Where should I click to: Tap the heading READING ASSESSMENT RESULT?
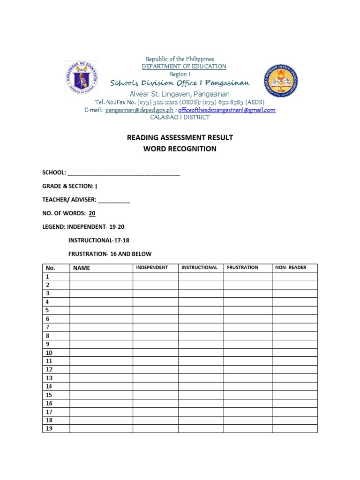pyautogui.click(x=180, y=137)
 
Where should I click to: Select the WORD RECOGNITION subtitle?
pyautogui.click(x=180, y=149)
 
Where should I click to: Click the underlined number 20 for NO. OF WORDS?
pyautogui.click(x=92, y=213)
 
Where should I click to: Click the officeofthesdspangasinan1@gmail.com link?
pyautogui.click(x=227, y=110)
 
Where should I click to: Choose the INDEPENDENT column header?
pyautogui.click(x=152, y=268)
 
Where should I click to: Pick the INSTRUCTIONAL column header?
pyautogui.click(x=199, y=268)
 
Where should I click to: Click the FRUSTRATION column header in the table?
pyautogui.click(x=242, y=268)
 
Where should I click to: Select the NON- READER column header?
pyautogui.click(x=291, y=268)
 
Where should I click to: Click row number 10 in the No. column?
pyautogui.click(x=49, y=352)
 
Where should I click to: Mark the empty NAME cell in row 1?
pyautogui.click(x=101, y=277)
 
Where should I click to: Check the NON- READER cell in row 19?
pyautogui.click(x=294, y=428)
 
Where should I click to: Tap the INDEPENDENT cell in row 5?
pyautogui.click(x=155, y=310)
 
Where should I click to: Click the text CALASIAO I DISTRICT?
pyautogui.click(x=180, y=117)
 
